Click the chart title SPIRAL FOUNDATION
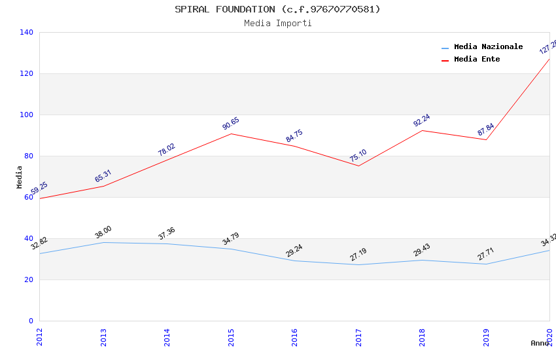point(277,9)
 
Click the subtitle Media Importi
point(277,24)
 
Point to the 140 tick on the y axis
point(26,32)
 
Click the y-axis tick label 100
point(26,115)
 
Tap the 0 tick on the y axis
point(30,321)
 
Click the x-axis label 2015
point(231,336)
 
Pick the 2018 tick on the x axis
point(423,336)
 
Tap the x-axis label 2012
point(39,336)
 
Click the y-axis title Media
point(20,177)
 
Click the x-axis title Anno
point(540,343)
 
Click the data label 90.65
point(231,124)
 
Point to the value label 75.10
point(358,156)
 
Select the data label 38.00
point(103,232)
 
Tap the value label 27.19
point(358,255)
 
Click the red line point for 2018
point(423,130)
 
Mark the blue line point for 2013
point(103,242)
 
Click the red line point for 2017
point(358,166)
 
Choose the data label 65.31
point(103,177)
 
